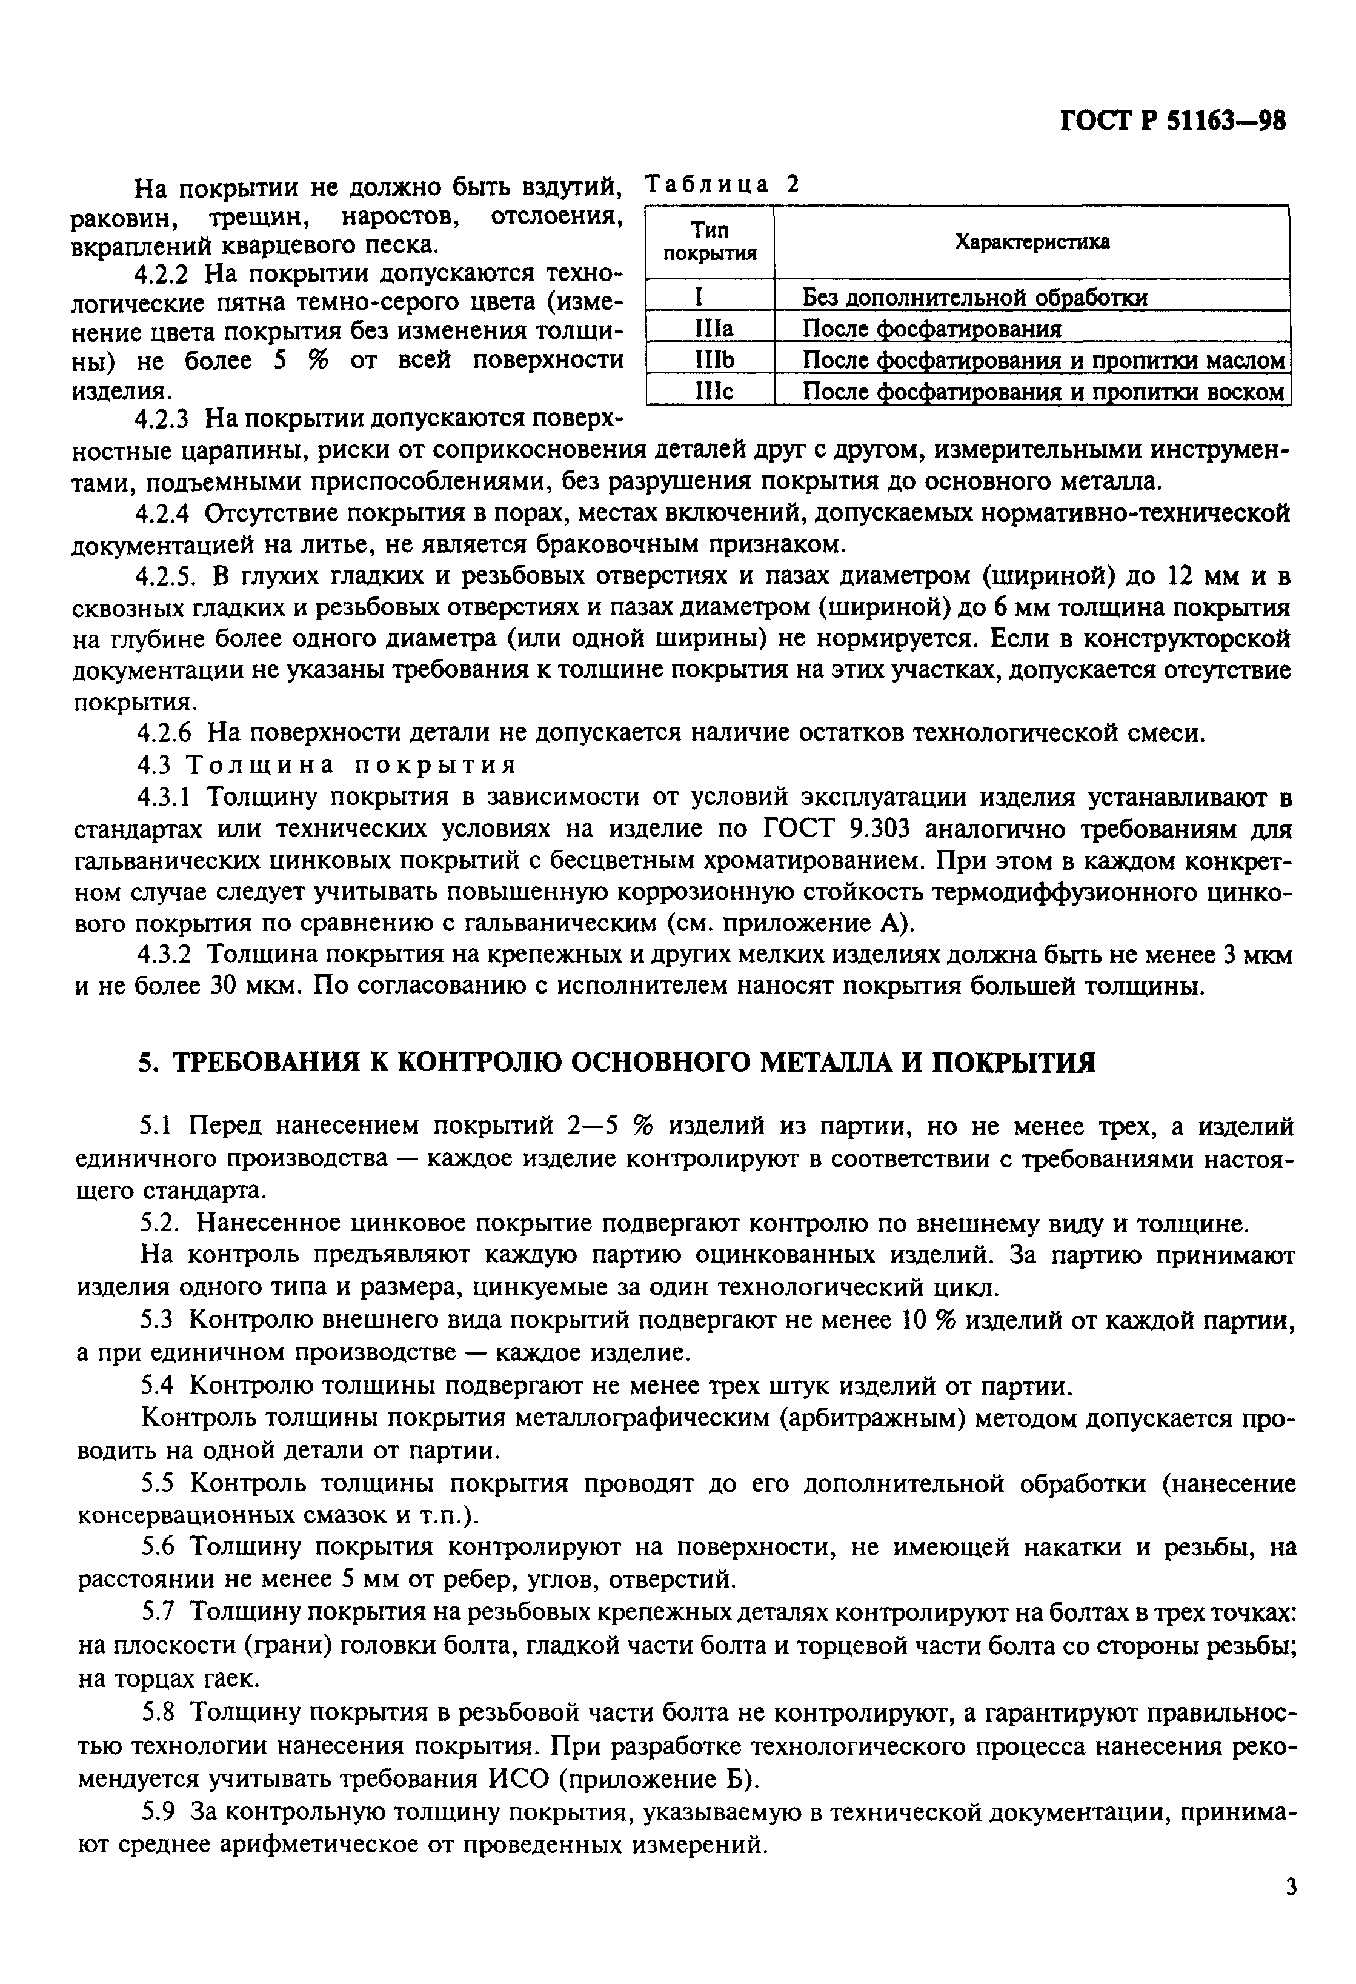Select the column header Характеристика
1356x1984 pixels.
point(1031,242)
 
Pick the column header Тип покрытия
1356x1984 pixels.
point(710,242)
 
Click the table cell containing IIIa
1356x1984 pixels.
point(710,329)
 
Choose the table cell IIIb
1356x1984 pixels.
point(710,360)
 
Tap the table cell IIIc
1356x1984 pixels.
point(710,392)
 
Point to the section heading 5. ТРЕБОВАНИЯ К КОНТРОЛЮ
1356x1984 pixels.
point(617,1062)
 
